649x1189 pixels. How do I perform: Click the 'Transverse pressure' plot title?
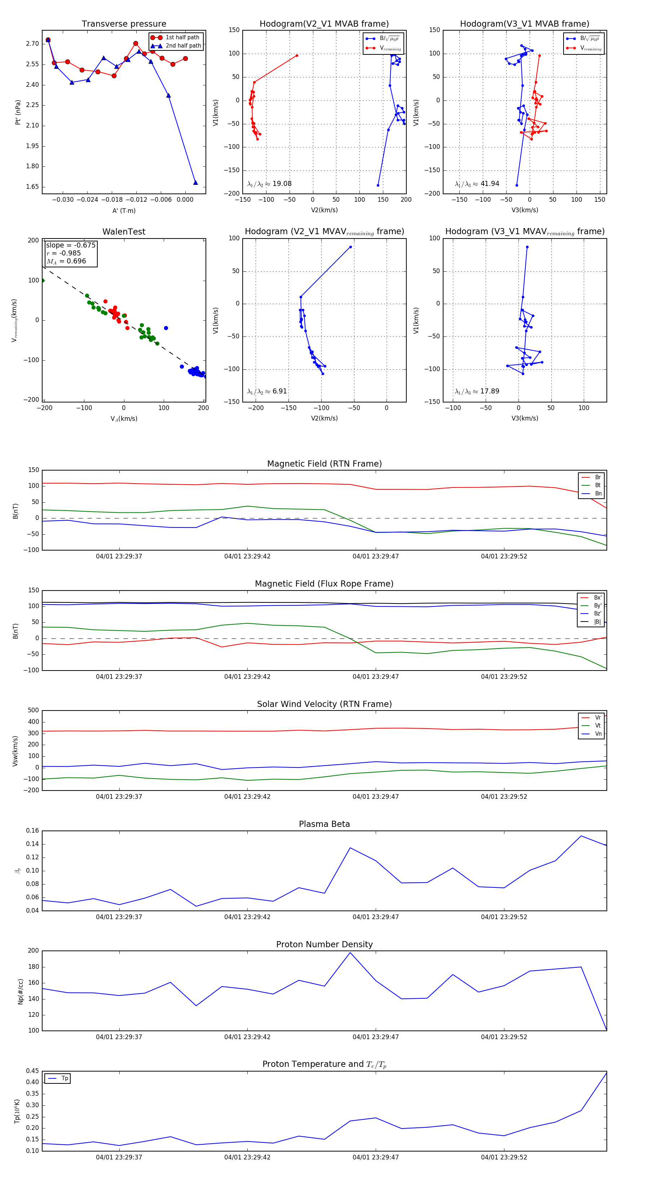click(x=124, y=24)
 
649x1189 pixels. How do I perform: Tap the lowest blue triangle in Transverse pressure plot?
click(x=195, y=183)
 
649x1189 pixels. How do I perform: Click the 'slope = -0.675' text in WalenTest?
click(x=71, y=245)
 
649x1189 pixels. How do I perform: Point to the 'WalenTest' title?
click(x=124, y=232)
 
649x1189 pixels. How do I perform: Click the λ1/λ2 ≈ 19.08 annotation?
click(x=269, y=184)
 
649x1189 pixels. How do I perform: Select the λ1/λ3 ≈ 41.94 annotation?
click(x=477, y=184)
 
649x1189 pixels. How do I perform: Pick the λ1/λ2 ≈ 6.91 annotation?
click(x=267, y=391)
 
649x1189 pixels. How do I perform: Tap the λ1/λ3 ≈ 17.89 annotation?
click(x=477, y=391)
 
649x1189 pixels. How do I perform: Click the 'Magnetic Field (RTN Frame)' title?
click(x=324, y=464)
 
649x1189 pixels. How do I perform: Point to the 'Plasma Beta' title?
click(x=324, y=824)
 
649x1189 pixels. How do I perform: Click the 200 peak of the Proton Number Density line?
click(x=350, y=953)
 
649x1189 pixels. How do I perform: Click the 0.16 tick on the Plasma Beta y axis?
click(x=32, y=831)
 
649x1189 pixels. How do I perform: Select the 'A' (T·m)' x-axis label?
click(x=124, y=211)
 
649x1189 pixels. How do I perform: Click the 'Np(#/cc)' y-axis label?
click(x=20, y=991)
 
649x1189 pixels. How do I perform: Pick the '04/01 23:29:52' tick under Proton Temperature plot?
click(x=504, y=1157)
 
